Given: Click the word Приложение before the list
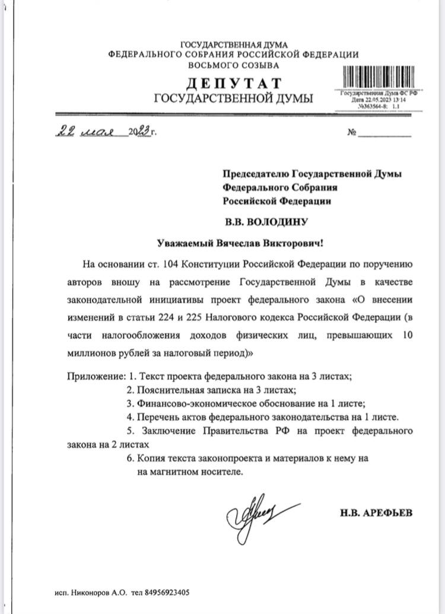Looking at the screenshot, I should [94, 377].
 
